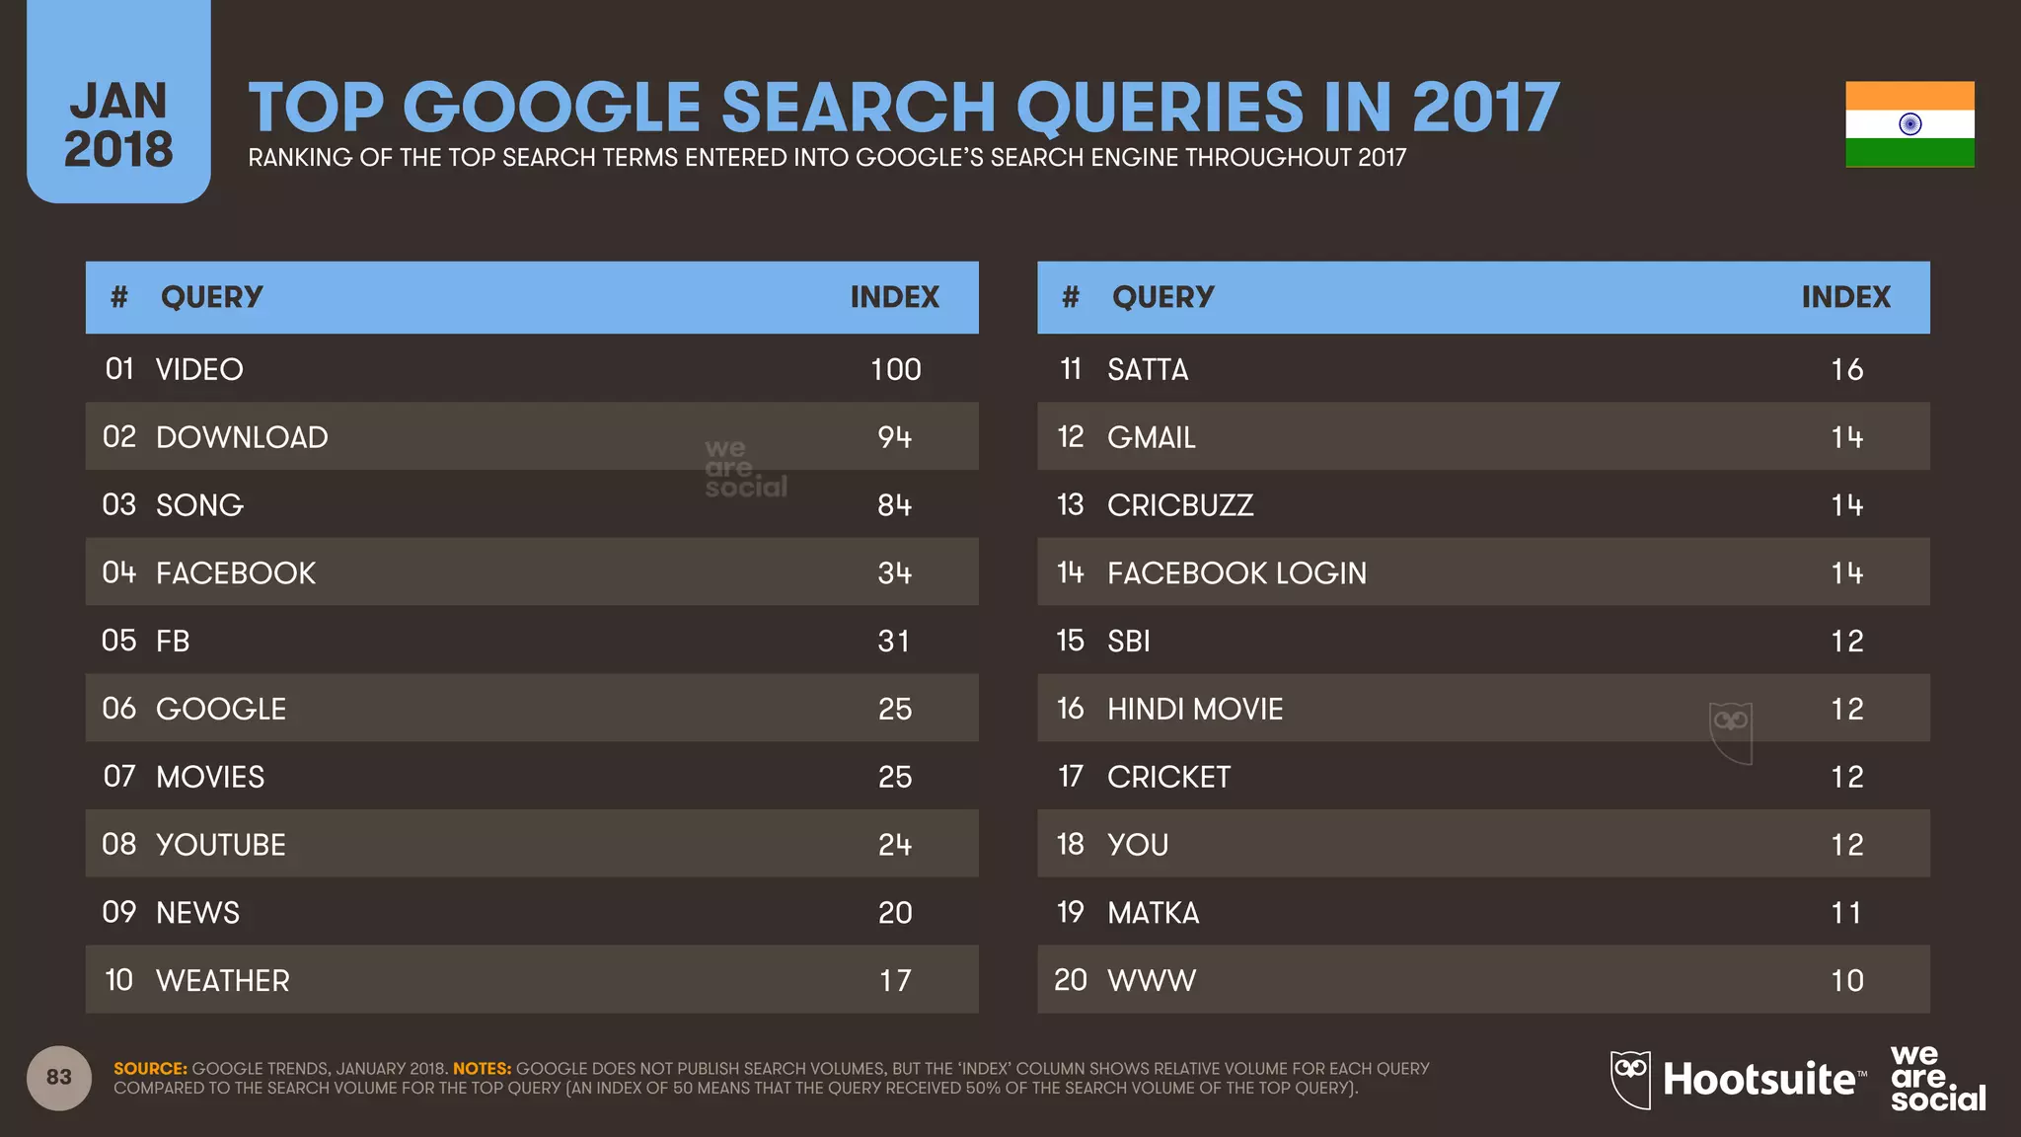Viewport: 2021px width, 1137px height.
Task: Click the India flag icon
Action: click(1909, 124)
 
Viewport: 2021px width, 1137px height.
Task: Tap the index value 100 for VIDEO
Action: click(895, 369)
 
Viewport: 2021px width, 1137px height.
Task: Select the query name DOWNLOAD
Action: click(242, 437)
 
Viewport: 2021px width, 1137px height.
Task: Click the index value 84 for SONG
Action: click(895, 505)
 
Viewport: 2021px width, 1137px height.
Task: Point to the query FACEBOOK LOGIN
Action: click(1236, 573)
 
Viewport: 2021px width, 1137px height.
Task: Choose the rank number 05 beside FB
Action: click(119, 641)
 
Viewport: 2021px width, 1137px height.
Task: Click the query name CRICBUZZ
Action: click(1180, 505)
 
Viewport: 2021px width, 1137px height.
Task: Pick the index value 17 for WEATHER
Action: click(895, 981)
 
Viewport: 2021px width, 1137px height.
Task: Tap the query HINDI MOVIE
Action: click(1195, 709)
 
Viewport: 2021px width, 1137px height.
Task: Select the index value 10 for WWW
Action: click(1846, 981)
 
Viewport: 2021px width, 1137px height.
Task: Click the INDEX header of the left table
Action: click(894, 297)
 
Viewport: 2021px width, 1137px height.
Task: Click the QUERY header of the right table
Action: click(1162, 297)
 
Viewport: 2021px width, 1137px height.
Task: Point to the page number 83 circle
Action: click(59, 1078)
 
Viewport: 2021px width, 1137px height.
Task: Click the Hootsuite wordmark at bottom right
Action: click(1759, 1080)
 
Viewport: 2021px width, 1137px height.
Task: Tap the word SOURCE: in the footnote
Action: click(150, 1069)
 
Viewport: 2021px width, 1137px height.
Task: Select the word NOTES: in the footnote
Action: click(482, 1069)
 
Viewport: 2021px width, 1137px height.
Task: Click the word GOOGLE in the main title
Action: click(554, 108)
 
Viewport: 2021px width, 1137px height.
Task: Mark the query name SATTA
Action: click(1148, 369)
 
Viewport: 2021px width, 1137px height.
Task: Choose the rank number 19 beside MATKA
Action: click(1071, 913)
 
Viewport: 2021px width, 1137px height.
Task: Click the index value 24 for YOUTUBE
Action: click(895, 845)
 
